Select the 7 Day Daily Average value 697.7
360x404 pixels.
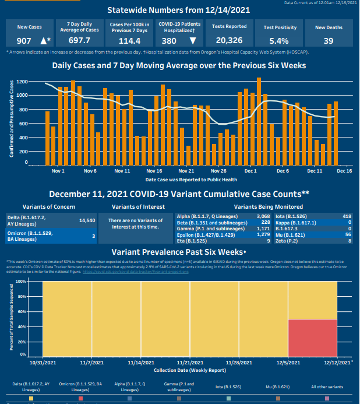click(x=79, y=41)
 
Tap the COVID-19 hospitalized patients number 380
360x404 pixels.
click(x=169, y=41)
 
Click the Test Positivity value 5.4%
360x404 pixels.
click(x=280, y=41)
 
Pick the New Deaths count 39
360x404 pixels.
click(x=329, y=41)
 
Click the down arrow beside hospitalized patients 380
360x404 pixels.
click(x=192, y=41)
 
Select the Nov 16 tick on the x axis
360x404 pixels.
click(x=154, y=171)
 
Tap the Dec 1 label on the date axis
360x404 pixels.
click(x=251, y=171)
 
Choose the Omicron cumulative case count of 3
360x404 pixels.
click(x=93, y=236)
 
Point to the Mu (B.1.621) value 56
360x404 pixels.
click(x=348, y=234)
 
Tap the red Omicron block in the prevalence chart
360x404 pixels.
click(x=312, y=338)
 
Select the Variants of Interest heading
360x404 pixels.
click(x=137, y=206)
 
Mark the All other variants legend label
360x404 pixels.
click(x=327, y=387)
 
